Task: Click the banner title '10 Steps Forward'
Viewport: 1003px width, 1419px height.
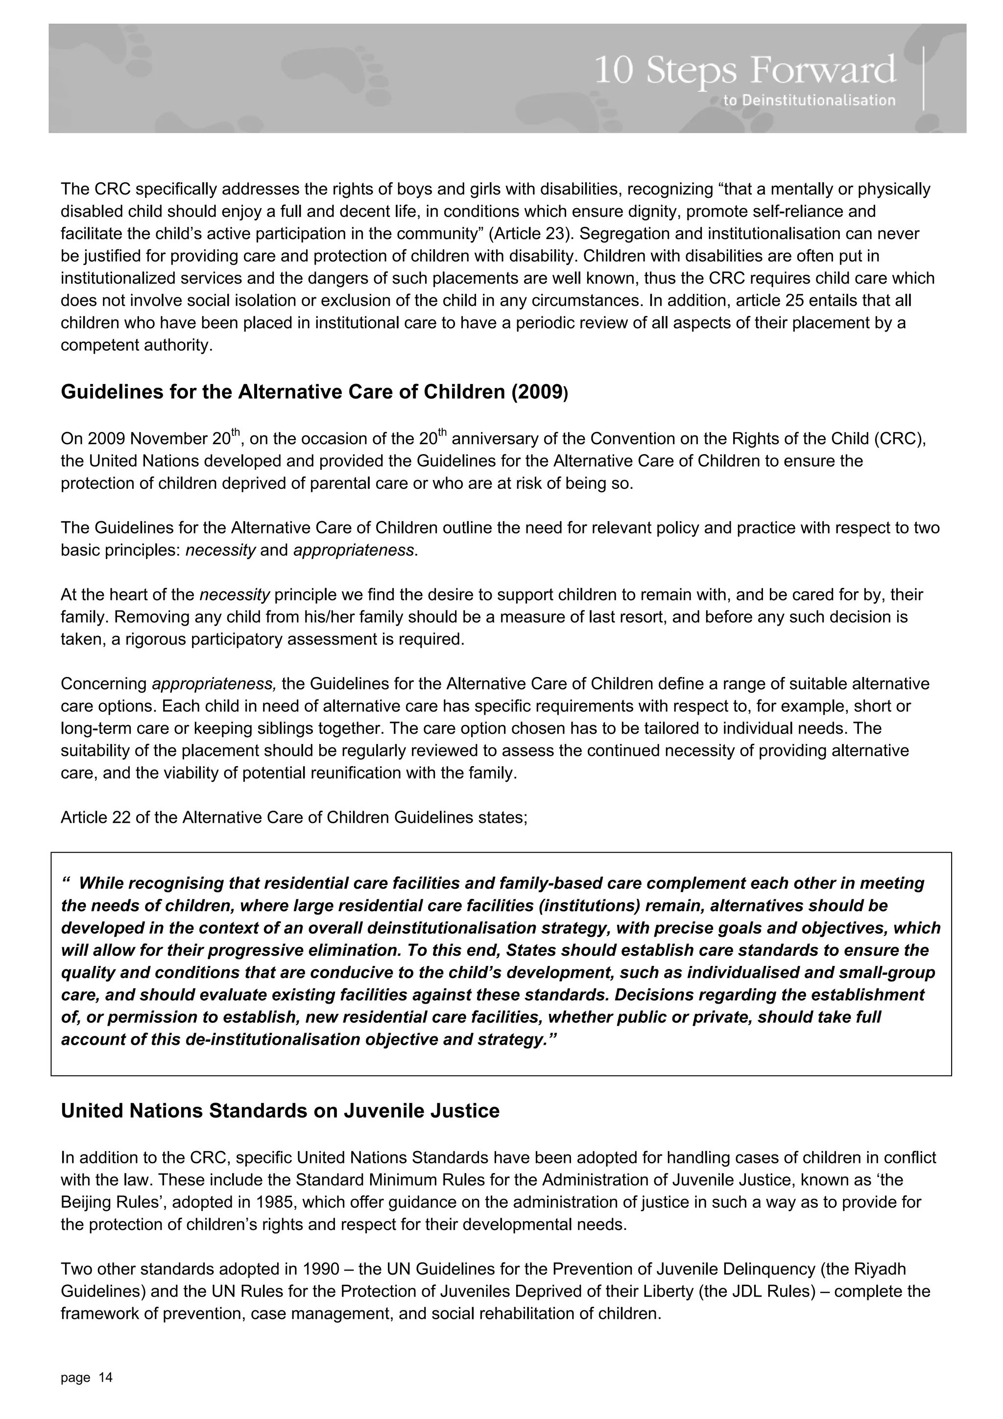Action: pos(745,70)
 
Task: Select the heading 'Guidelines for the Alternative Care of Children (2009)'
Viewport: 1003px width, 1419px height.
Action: pos(314,392)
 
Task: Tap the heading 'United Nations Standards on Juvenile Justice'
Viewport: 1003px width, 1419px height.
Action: pos(280,1110)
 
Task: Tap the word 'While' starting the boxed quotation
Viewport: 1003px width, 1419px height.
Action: pos(102,884)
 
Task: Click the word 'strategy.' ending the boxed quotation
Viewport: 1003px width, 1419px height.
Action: pos(518,1039)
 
